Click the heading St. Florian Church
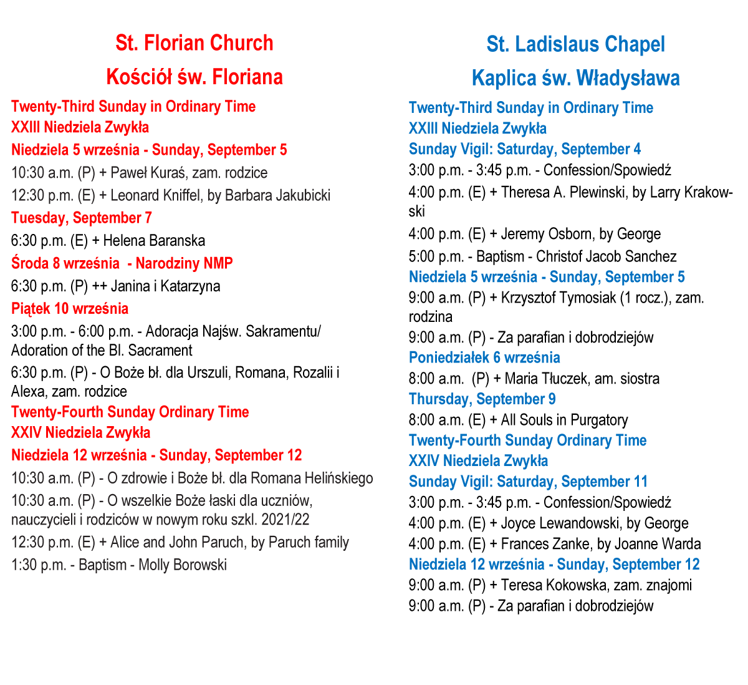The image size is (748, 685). coord(194,43)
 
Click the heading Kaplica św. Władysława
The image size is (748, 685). coord(575,78)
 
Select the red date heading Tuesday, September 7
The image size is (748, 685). coord(81,218)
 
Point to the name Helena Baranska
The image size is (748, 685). coord(154,241)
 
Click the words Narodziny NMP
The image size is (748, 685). coord(184,263)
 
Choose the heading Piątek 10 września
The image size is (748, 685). coord(70,309)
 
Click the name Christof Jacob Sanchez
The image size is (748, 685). coord(606,256)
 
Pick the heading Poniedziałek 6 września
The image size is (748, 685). coord(484,357)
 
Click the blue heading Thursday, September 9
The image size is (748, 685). coord(482,399)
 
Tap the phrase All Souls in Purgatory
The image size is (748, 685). coord(564,420)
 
